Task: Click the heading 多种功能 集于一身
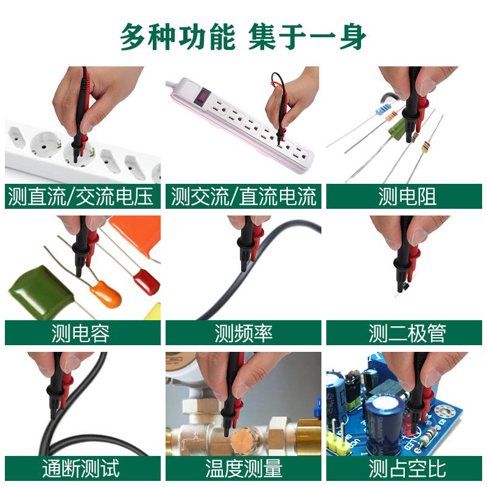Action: [243, 37]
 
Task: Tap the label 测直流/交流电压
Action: [81, 196]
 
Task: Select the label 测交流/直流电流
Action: [243, 196]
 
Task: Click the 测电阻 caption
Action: [407, 196]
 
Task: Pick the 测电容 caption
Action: [81, 333]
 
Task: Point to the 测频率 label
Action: [243, 333]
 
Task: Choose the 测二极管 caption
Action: [407, 333]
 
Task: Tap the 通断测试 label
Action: [81, 468]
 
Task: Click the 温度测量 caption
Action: [243, 468]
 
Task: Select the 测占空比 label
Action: [407, 468]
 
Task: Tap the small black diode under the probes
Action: [403, 287]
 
